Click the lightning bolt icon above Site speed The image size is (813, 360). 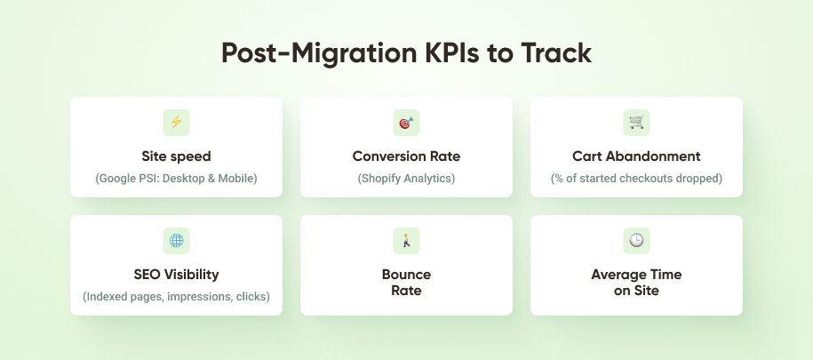(176, 123)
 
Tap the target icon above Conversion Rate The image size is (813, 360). (406, 123)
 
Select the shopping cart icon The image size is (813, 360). (636, 123)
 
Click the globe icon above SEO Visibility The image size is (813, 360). (176, 240)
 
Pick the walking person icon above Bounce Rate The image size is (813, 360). (406, 240)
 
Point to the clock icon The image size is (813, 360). (636, 240)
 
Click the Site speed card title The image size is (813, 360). (176, 156)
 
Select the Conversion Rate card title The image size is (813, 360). (406, 156)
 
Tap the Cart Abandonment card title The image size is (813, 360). (636, 156)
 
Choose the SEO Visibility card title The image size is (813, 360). (176, 274)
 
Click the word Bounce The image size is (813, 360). (406, 274)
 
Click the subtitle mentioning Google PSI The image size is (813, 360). (176, 179)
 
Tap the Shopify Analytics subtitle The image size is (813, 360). (406, 179)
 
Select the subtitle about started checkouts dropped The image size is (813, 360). (636, 179)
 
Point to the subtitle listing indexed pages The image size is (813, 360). (176, 296)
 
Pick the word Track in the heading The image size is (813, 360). (555, 53)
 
